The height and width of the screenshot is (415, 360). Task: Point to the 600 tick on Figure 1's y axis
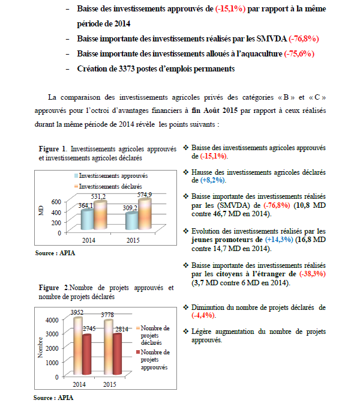(56, 202)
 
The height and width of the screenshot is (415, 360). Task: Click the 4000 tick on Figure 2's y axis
(53, 320)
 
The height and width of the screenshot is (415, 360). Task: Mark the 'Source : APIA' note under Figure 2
(54, 398)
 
